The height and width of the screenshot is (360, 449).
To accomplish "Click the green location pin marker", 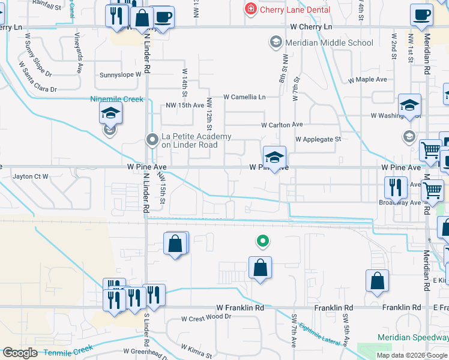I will (262, 241).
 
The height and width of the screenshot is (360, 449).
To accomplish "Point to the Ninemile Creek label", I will (116, 99).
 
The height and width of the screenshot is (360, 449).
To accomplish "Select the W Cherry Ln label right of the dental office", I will (310, 27).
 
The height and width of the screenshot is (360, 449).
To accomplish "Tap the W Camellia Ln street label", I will (244, 97).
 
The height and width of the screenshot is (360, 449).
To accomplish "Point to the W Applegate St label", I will (318, 139).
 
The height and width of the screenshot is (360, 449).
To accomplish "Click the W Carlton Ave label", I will (282, 125).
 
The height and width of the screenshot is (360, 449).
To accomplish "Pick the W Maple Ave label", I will (367, 79).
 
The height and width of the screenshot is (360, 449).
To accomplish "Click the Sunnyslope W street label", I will (120, 75).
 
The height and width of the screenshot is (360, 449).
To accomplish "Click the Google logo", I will (20, 352).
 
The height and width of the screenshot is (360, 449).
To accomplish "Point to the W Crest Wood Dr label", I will (206, 317).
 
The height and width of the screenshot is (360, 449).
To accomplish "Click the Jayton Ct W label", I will (30, 176).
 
